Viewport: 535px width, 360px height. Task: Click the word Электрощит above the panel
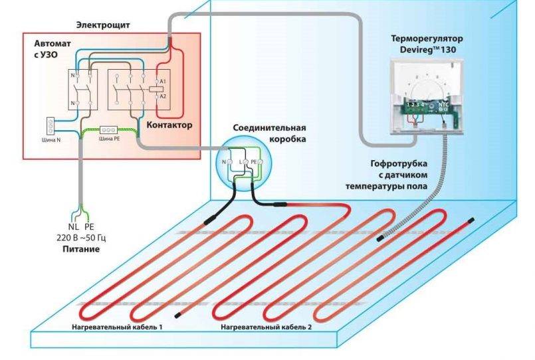pyautogui.click(x=102, y=25)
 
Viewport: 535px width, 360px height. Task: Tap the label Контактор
pyautogui.click(x=169, y=125)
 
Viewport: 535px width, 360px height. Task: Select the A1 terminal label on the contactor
pyautogui.click(x=164, y=81)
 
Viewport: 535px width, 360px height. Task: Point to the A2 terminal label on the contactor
pyautogui.click(x=164, y=96)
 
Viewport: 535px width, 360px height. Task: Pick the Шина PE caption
pyautogui.click(x=108, y=139)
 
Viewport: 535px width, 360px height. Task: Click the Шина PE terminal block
pyautogui.click(x=108, y=131)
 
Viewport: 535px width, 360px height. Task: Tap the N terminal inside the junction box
pyautogui.click(x=223, y=161)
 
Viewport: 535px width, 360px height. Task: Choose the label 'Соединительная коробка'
pyautogui.click(x=269, y=133)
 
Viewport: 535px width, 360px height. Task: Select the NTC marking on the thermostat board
pyautogui.click(x=442, y=104)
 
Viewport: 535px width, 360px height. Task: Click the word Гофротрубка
pyautogui.click(x=399, y=162)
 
